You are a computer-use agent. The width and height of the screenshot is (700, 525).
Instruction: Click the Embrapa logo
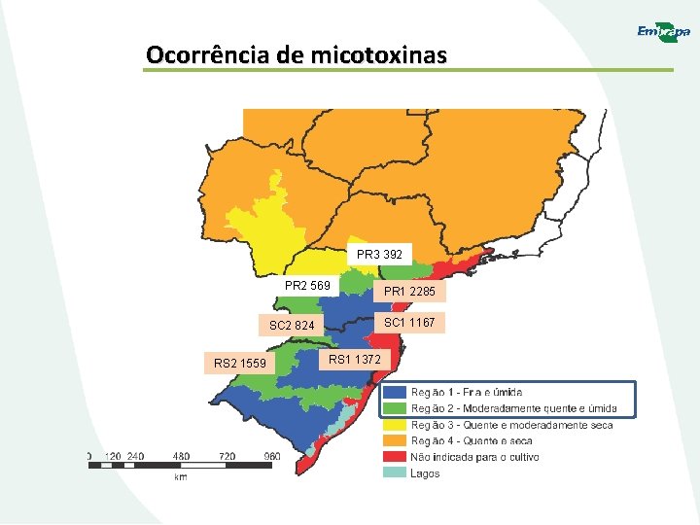coord(663,32)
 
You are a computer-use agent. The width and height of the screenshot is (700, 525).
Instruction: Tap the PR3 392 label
coord(379,255)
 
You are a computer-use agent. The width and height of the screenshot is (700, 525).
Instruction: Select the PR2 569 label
coord(308,286)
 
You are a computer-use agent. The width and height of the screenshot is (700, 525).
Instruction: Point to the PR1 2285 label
coord(409,292)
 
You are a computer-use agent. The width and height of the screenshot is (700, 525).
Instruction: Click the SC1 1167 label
coord(409,322)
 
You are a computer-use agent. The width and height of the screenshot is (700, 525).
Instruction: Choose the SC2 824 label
coord(292,325)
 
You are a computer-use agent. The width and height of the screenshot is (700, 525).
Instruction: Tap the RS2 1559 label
coord(239,364)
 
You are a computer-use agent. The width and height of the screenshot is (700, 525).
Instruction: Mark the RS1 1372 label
coord(355,360)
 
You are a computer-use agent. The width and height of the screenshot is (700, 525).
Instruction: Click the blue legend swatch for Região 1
coord(394,392)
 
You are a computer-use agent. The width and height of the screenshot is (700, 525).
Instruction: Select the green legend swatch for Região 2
coord(394,408)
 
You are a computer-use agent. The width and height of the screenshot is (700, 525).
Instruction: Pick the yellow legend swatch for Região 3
coord(394,425)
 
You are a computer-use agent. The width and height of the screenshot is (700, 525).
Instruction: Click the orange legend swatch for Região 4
coord(394,440)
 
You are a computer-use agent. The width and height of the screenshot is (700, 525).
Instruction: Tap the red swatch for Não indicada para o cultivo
coord(394,457)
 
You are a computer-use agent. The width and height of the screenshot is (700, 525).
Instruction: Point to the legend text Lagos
coord(425,473)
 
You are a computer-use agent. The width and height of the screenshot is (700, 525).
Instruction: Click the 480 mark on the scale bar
coord(181,455)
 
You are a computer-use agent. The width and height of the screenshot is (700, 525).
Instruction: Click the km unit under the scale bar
coord(181,477)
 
